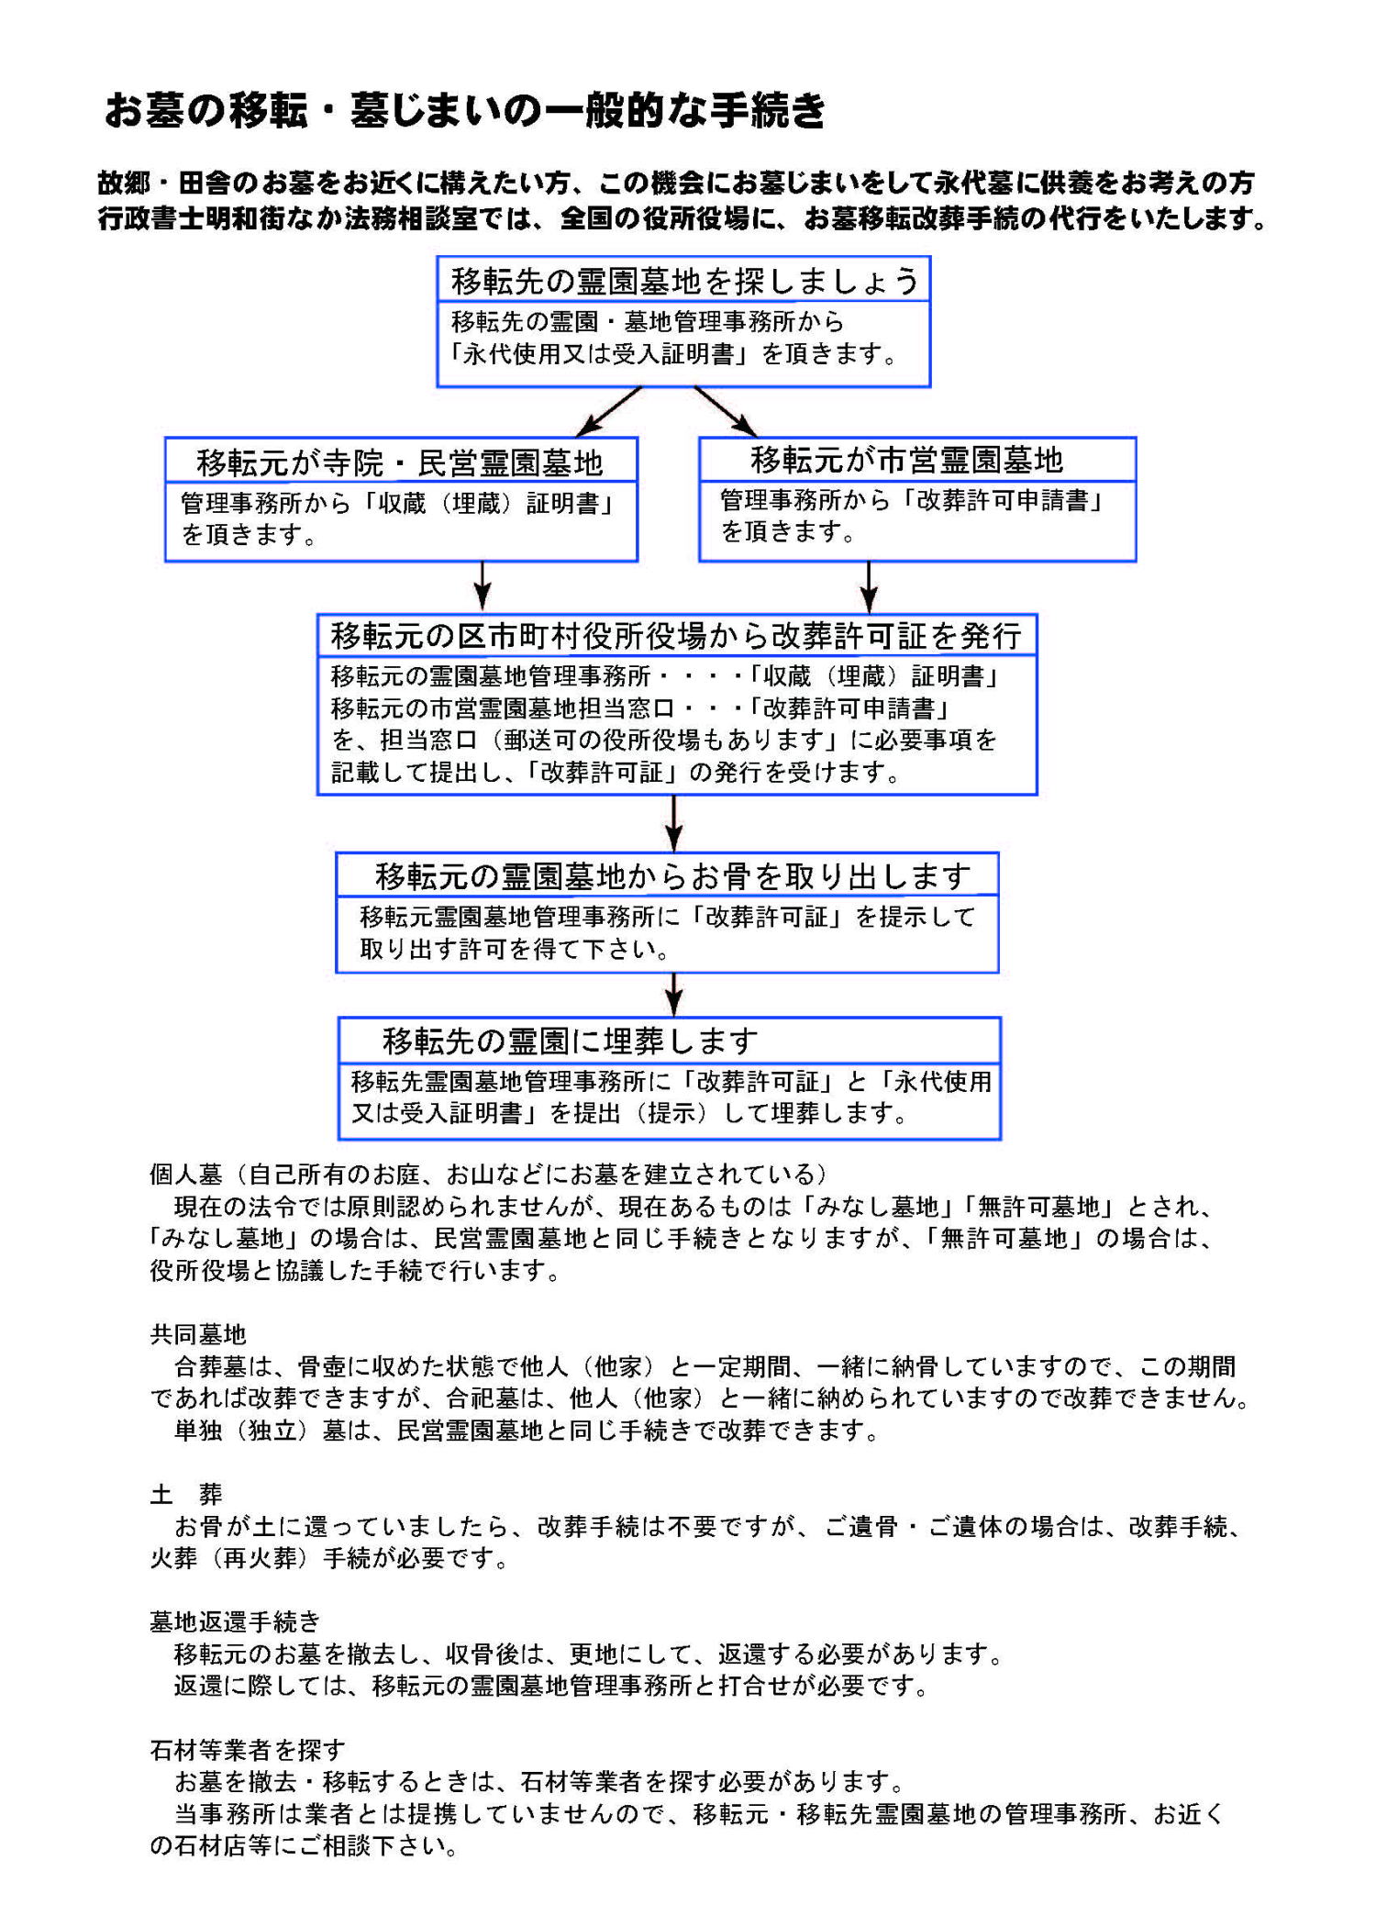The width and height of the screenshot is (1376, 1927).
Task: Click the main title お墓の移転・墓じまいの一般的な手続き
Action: tap(465, 111)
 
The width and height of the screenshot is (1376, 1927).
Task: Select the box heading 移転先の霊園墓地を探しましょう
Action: tap(683, 281)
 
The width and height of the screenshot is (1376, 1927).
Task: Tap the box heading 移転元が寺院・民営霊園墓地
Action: tap(400, 462)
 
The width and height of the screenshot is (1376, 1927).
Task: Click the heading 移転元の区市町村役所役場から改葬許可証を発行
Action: tap(676, 636)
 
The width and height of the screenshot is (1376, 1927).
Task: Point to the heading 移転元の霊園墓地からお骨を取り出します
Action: tap(672, 876)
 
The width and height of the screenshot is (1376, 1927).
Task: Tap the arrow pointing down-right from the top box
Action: tap(726, 411)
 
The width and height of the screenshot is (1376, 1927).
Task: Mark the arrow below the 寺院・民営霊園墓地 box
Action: tap(483, 585)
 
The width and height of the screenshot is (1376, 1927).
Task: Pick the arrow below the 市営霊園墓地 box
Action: tap(869, 585)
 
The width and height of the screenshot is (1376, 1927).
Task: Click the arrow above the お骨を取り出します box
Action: tap(674, 823)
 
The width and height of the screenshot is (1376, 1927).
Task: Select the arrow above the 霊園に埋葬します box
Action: tap(674, 994)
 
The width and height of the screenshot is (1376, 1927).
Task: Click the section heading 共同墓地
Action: tap(198, 1333)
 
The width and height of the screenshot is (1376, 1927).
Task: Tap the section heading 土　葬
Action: tap(186, 1494)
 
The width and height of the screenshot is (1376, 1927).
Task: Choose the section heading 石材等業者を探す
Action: tap(248, 1749)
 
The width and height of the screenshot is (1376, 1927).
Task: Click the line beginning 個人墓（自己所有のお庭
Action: tap(489, 1174)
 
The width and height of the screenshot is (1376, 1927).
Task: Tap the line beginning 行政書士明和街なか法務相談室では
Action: tap(683, 219)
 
